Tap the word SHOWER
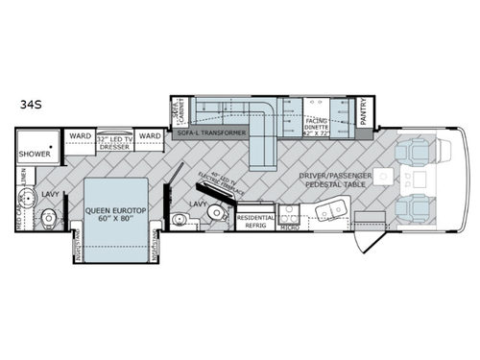click(x=35, y=152)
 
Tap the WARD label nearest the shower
click(x=80, y=136)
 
